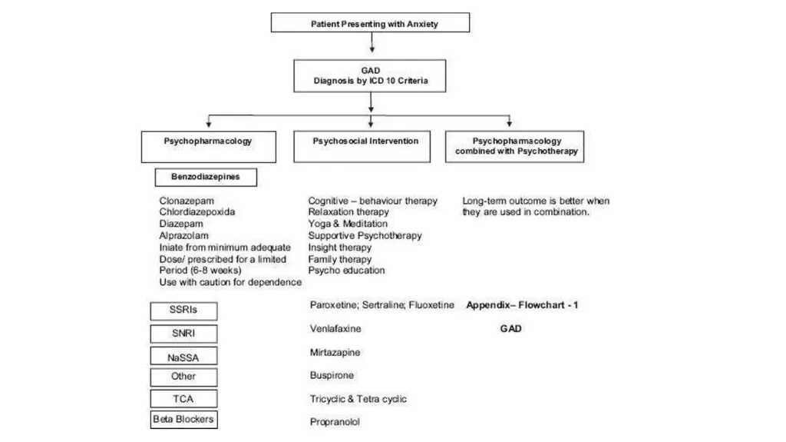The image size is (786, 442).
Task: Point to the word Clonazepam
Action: [x=187, y=201]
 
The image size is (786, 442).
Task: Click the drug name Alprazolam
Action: [x=184, y=235]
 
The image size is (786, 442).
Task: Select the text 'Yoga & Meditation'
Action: [x=348, y=224]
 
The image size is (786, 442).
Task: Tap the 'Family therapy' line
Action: [x=340, y=260]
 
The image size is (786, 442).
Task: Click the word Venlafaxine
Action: [x=335, y=328]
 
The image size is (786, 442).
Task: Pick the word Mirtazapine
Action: [x=335, y=353]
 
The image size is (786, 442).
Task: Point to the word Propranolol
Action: [x=335, y=422]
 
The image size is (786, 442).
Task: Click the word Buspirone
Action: [x=332, y=375]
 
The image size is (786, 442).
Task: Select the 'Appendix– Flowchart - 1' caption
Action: [x=522, y=305]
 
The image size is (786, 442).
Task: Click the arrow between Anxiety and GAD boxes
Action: [x=372, y=42]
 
